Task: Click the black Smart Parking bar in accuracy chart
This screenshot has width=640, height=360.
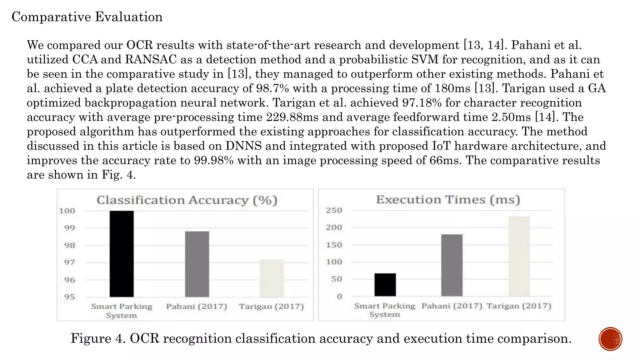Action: pyautogui.click(x=122, y=254)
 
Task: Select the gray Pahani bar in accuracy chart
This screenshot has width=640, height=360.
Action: pyautogui.click(x=197, y=264)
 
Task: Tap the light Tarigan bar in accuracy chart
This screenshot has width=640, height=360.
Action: pyautogui.click(x=272, y=278)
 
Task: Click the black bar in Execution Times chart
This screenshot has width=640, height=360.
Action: pyautogui.click(x=385, y=285)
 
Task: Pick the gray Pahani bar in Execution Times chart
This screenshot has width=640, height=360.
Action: pyautogui.click(x=452, y=265)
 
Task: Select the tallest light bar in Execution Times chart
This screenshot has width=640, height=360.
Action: pyautogui.click(x=519, y=256)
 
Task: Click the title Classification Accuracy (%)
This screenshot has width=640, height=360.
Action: pyautogui.click(x=187, y=200)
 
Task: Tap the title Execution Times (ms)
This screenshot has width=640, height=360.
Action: pyautogui.click(x=448, y=200)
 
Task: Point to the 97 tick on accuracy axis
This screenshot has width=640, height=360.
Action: pyautogui.click(x=70, y=262)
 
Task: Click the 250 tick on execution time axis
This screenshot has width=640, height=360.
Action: pyautogui.click(x=334, y=210)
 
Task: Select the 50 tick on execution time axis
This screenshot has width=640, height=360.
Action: pyautogui.click(x=337, y=279)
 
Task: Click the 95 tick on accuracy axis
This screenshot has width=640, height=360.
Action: pyautogui.click(x=70, y=297)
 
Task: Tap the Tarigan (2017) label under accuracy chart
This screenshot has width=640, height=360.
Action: pyautogui.click(x=271, y=306)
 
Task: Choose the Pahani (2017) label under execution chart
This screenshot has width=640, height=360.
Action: pyautogui.click(x=452, y=306)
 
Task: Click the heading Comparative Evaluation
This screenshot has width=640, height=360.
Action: pyautogui.click(x=87, y=17)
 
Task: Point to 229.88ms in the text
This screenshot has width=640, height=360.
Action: pyautogui.click(x=292, y=117)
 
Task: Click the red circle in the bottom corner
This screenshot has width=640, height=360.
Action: pyautogui.click(x=610, y=339)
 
